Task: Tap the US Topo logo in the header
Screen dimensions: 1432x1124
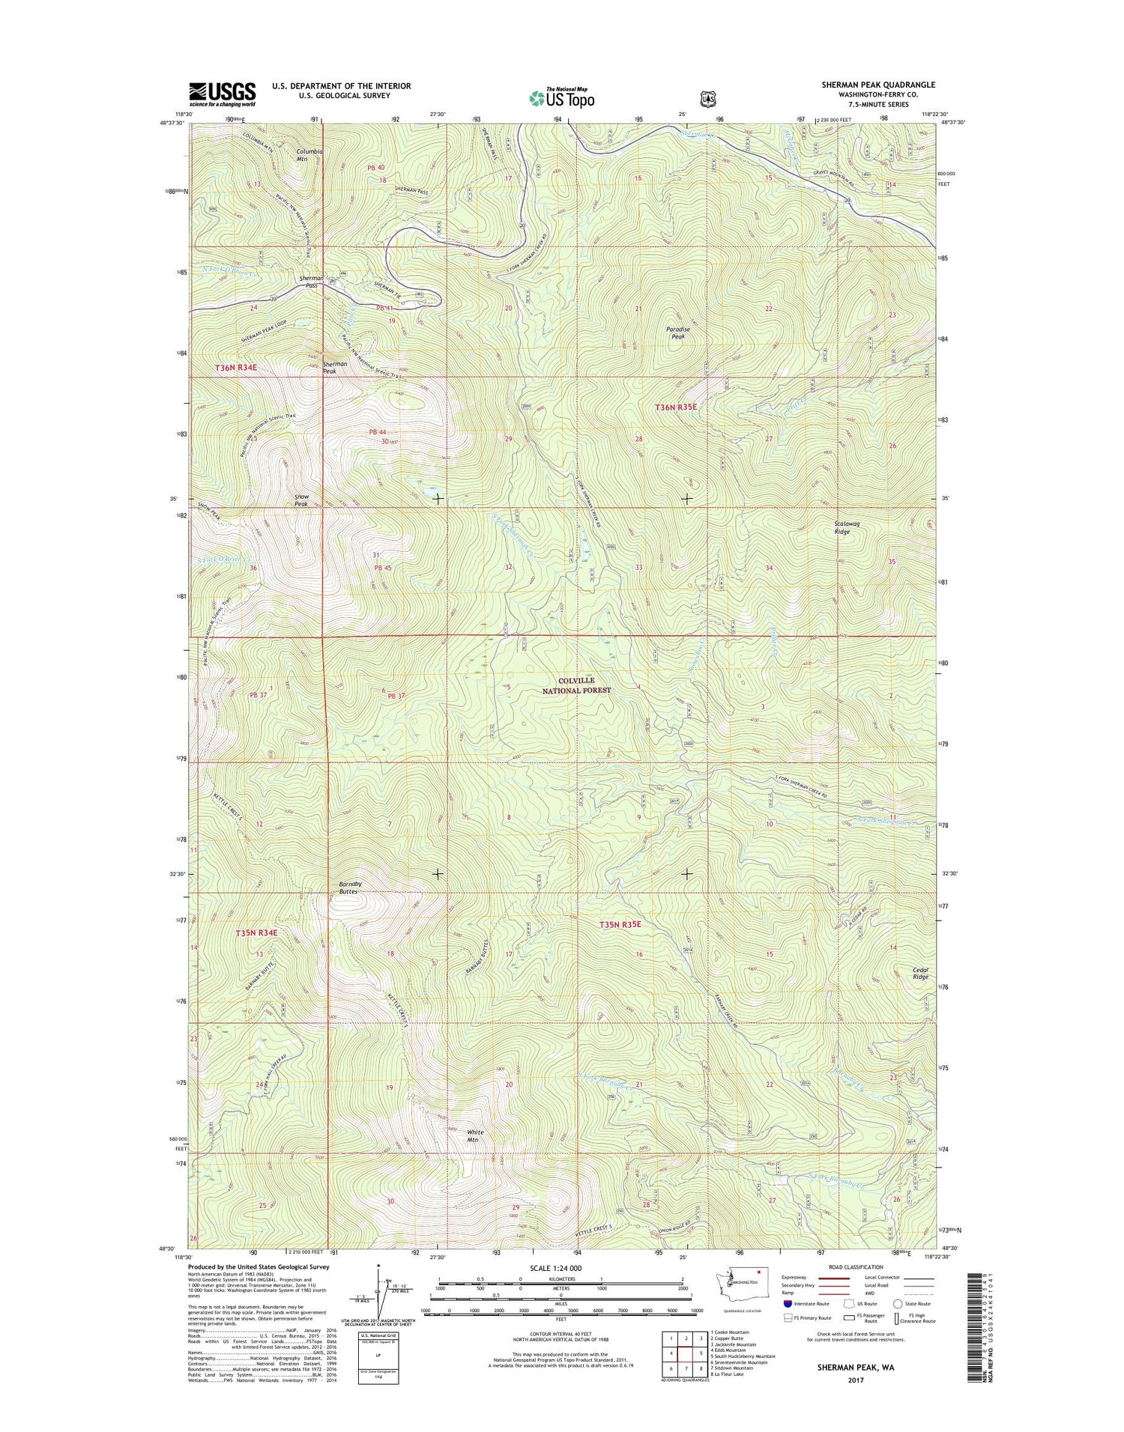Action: coord(562,97)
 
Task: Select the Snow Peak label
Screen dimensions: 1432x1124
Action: coord(300,501)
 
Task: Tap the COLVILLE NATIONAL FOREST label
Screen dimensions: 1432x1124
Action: coord(577,686)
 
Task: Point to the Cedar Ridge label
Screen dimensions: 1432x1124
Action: coord(920,973)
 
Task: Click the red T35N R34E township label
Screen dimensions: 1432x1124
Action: coord(256,933)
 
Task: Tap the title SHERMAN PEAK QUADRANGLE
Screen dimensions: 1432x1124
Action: coord(868,85)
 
